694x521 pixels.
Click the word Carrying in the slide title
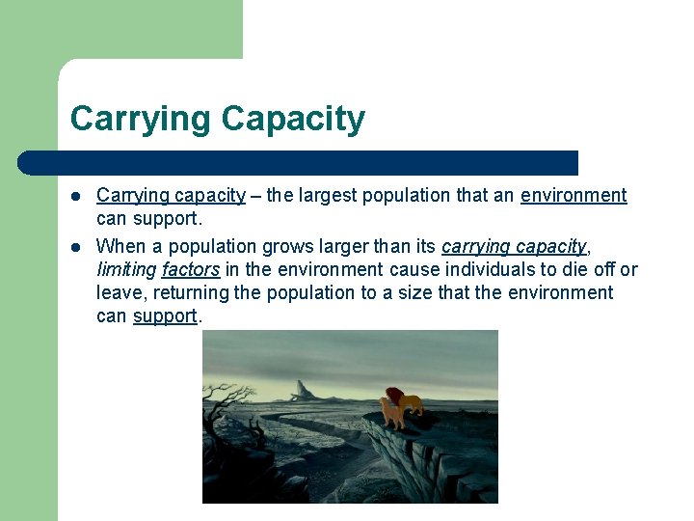pos(140,120)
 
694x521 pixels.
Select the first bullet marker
pos(76,196)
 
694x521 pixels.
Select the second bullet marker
pos(76,246)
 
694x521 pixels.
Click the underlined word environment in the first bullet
pos(574,196)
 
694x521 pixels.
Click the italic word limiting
pos(126,269)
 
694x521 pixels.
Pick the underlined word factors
pos(190,269)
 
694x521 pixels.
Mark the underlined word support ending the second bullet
pos(164,316)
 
